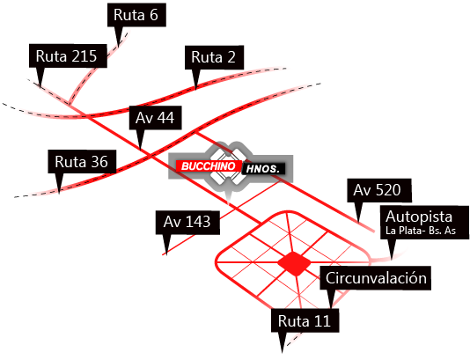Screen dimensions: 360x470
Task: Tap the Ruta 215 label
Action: pyautogui.click(x=67, y=56)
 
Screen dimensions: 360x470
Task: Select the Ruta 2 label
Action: pyautogui.click(x=213, y=58)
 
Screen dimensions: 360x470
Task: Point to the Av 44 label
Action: pyautogui.click(x=155, y=118)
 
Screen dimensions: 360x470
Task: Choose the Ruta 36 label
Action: pyautogui.click(x=81, y=162)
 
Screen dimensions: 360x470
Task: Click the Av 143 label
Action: pyautogui.click(x=187, y=222)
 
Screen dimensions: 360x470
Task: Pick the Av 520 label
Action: pyautogui.click(x=376, y=189)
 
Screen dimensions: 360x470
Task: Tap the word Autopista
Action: pyautogui.click(x=418, y=217)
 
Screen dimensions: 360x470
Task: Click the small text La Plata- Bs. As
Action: pyautogui.click(x=420, y=231)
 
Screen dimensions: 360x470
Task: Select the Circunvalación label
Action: pyautogui.click(x=376, y=278)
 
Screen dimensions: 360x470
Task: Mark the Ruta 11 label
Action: pyautogui.click(x=304, y=320)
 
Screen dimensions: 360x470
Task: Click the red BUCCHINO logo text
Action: pyautogui.click(x=205, y=165)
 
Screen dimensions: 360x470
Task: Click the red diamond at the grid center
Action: pyautogui.click(x=292, y=262)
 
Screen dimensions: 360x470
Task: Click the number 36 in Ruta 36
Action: pyautogui.click(x=99, y=162)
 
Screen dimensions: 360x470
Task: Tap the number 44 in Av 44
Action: pyautogui.click(x=166, y=118)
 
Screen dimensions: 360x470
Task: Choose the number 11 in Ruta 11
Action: pyautogui.click(x=321, y=320)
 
